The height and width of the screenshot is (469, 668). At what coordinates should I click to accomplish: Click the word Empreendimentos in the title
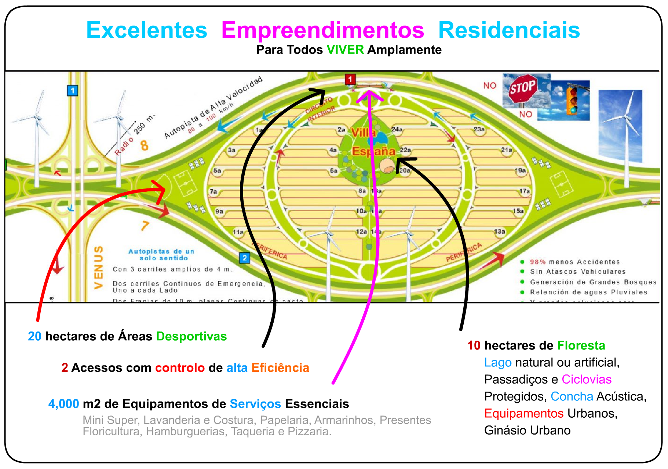(x=322, y=30)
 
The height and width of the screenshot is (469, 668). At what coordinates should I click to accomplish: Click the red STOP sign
(x=522, y=88)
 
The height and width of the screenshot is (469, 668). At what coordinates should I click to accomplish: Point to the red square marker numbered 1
(x=350, y=79)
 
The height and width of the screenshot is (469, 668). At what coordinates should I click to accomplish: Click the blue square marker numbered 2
(x=245, y=258)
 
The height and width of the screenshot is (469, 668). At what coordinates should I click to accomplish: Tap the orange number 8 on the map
(x=145, y=145)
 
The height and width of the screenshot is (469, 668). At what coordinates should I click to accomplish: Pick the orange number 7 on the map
(x=145, y=226)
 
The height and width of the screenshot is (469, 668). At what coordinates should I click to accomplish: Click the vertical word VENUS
(x=98, y=267)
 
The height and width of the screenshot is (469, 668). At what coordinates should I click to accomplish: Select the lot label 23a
(x=479, y=129)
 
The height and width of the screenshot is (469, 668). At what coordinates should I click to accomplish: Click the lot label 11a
(x=238, y=232)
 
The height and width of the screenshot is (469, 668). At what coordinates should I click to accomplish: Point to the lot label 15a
(x=518, y=211)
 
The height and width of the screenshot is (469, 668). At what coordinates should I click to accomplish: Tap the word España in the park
(x=373, y=151)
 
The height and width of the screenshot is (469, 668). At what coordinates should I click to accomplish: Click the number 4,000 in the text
(x=63, y=404)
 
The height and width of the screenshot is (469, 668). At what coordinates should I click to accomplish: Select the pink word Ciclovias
(x=586, y=379)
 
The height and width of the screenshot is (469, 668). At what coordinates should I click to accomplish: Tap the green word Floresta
(x=581, y=345)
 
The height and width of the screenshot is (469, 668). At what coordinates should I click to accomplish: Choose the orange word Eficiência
(x=280, y=367)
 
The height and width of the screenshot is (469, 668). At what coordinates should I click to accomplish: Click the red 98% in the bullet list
(x=537, y=262)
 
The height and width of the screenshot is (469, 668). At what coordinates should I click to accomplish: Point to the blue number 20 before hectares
(x=34, y=336)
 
